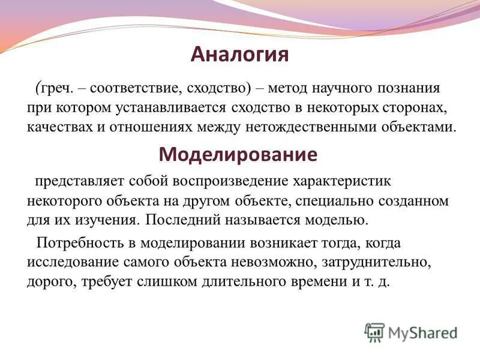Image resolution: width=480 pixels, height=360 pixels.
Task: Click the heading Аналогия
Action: pos(240,55)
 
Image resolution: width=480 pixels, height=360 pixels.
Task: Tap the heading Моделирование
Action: pos(238,154)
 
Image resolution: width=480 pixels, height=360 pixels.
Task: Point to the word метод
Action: pos(288,89)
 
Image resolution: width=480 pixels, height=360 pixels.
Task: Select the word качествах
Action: pos(55,127)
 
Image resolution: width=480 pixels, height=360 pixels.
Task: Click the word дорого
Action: pos(47,281)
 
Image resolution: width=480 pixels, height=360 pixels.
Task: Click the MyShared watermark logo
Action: pos(411,332)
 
